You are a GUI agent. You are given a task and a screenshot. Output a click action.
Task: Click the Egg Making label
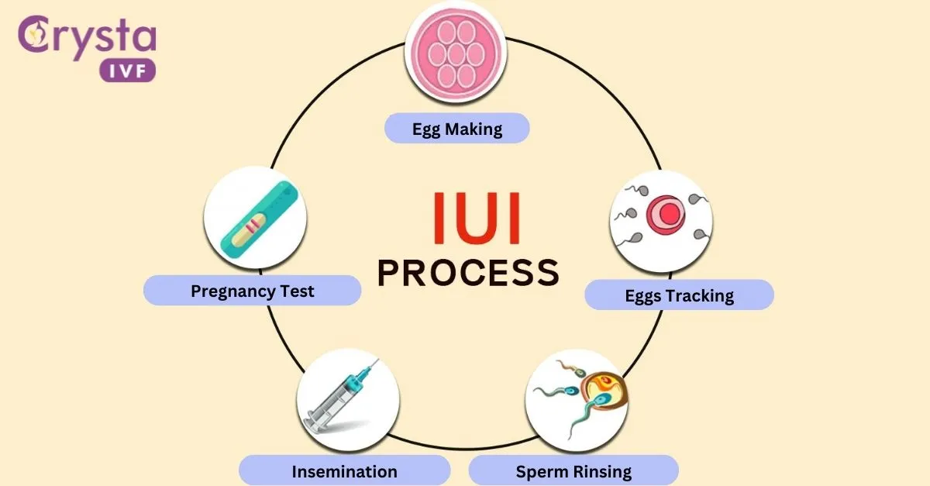(x=456, y=129)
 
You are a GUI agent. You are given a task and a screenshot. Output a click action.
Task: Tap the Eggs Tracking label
(x=679, y=295)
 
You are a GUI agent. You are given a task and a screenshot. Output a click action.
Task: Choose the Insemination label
(x=344, y=471)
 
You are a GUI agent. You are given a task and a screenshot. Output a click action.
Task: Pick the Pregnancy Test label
(x=253, y=291)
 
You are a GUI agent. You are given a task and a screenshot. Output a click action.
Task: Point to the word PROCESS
(x=468, y=273)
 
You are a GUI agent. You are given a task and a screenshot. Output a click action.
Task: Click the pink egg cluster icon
(x=456, y=53)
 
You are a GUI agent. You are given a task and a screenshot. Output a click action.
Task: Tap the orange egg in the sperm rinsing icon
(x=604, y=388)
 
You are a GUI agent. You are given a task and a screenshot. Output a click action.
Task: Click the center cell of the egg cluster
(x=456, y=53)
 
